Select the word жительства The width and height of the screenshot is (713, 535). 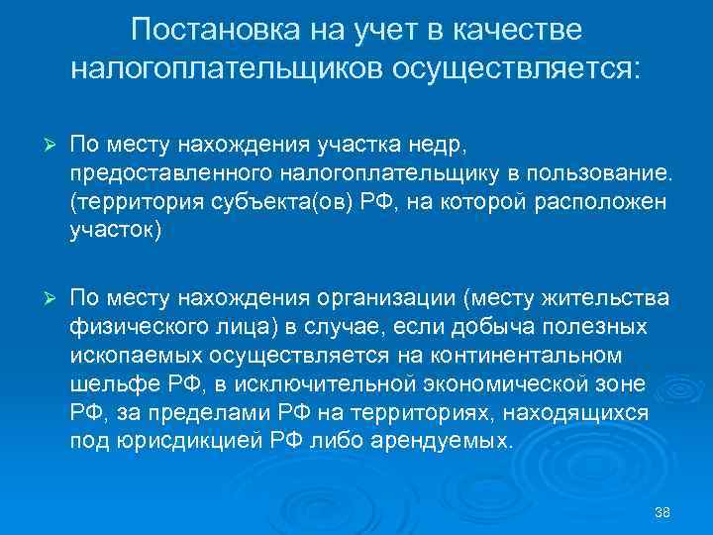pyautogui.click(x=605, y=299)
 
